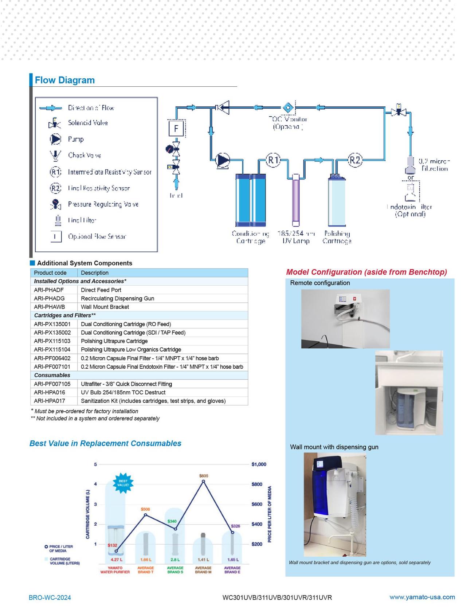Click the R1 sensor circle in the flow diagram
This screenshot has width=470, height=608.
coord(273,160)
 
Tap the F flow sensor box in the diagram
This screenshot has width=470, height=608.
coord(176,128)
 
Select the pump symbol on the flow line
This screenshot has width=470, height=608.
coord(222,160)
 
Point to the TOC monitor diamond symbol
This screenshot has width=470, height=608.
coord(288,107)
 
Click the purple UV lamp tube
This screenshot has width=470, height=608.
coord(295,200)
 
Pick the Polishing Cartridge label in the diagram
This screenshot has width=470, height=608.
coord(337,237)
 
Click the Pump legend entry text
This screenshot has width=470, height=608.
coord(76,139)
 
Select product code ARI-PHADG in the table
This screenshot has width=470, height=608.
coord(49,298)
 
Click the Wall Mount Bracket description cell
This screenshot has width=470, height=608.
coord(105,307)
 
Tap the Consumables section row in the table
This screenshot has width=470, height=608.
coord(52,375)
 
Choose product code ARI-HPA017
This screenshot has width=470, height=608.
coord(49,401)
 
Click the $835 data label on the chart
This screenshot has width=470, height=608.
coord(204,476)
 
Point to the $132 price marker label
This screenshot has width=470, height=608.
coord(112,545)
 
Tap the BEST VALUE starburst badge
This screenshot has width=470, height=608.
coord(123,483)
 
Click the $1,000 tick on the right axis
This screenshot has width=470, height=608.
coord(259,464)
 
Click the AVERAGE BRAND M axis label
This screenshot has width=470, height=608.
coord(203,570)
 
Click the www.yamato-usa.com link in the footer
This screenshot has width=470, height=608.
coord(422,597)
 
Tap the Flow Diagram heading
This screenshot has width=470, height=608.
coord(65,80)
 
